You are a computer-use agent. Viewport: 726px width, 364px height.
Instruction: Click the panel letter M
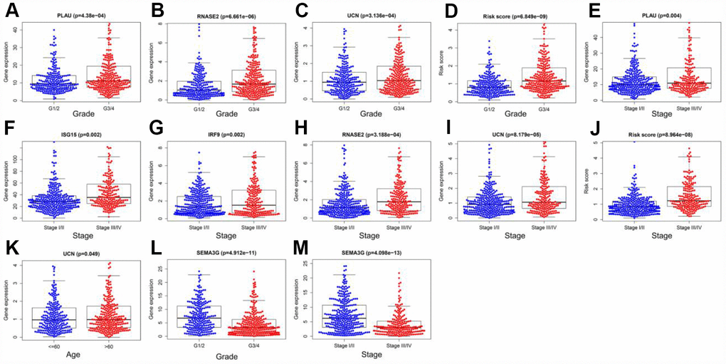coord(301,249)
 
